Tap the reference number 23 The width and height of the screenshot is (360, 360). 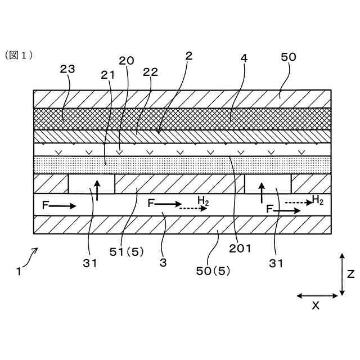(67, 69)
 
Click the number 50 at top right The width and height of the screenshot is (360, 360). (288, 57)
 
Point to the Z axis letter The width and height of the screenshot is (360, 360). (350, 274)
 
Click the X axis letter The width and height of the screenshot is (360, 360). (316, 305)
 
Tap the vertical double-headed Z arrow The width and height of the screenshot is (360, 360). (342, 274)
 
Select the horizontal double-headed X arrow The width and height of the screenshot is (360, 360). (316, 295)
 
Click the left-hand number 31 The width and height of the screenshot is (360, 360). (90, 262)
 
